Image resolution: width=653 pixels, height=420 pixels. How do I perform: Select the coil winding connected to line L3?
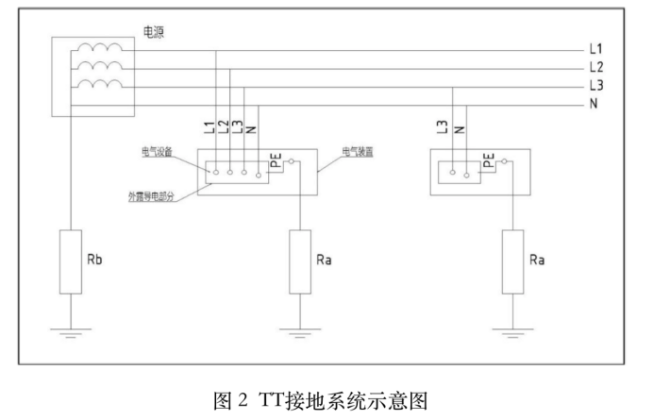[x=100, y=87]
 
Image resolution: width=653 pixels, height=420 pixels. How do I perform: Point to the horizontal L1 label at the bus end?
[x=595, y=48]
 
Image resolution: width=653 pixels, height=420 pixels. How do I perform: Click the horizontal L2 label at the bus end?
[x=595, y=66]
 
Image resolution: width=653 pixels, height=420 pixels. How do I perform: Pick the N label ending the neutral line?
[x=594, y=104]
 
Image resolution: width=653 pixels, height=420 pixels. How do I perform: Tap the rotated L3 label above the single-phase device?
[x=443, y=126]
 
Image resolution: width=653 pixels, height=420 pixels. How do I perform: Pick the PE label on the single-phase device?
[x=489, y=162]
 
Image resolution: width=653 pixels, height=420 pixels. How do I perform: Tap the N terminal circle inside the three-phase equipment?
[x=259, y=173]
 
